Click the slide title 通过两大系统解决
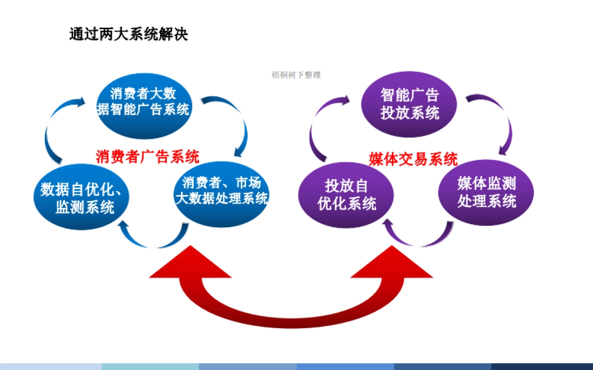[128, 34]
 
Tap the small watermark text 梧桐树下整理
[296, 75]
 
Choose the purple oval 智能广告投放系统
[410, 104]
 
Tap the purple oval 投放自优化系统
[347, 195]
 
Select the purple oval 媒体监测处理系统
[487, 192]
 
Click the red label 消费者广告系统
[148, 157]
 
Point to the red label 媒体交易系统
[413, 159]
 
